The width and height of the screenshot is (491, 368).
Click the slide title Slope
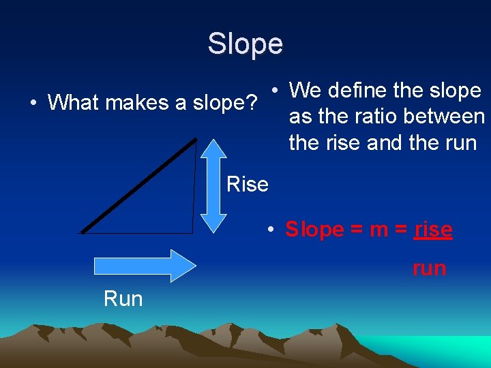245,44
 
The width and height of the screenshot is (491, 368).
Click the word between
444,117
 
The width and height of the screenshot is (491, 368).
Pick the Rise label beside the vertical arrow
247,185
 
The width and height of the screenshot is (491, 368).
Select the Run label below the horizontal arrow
123,298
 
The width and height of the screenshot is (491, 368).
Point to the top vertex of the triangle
196,139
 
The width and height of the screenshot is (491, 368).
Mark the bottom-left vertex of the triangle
81,232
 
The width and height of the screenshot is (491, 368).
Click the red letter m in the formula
379,230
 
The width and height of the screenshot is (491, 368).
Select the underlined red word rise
433,230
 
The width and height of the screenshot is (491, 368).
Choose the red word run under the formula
429,269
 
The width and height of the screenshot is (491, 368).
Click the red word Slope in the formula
314,230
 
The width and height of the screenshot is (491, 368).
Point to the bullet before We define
273,91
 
